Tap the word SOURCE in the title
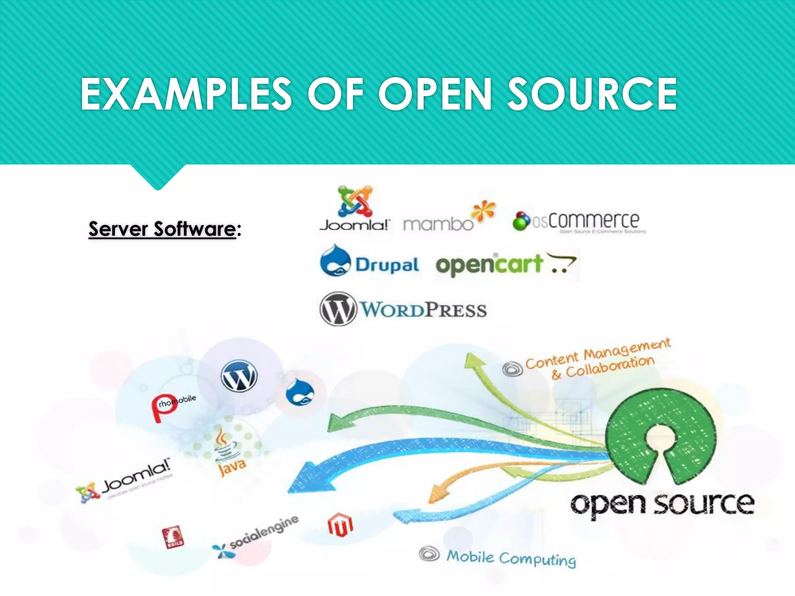(592, 94)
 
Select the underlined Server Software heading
(162, 229)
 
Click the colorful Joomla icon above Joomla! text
(355, 201)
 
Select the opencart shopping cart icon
(561, 263)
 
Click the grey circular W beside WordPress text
(338, 309)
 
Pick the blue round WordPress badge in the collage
(239, 376)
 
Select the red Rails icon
(173, 537)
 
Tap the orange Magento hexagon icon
(340, 525)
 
